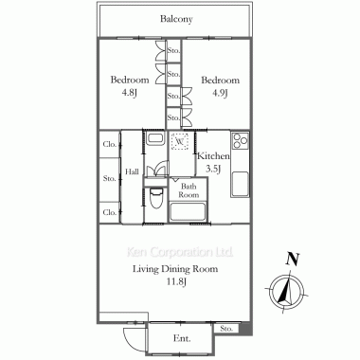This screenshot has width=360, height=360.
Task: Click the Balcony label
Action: click(x=176, y=19)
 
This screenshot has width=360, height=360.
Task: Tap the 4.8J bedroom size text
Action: click(x=130, y=94)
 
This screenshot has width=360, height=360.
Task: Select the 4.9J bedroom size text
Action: click(x=220, y=94)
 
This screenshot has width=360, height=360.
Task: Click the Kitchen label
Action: click(x=213, y=156)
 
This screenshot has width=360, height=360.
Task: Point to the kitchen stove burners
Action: click(x=241, y=141)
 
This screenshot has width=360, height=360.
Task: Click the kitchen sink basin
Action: click(x=241, y=184)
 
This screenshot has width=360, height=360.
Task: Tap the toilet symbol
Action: click(x=155, y=198)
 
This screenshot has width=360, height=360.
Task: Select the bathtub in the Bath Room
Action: click(x=188, y=211)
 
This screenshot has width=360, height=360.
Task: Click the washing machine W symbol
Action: click(x=180, y=141)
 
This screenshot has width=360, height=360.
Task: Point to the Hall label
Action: click(x=132, y=172)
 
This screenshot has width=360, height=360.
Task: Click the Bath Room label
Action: click(x=189, y=190)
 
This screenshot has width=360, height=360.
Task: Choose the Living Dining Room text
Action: click(x=175, y=269)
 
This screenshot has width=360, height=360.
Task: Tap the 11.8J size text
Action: click(x=177, y=281)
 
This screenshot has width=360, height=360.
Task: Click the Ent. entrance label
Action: click(x=182, y=339)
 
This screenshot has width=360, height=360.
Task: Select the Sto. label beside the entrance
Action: click(x=226, y=329)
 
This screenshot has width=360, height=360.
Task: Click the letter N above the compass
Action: click(x=293, y=260)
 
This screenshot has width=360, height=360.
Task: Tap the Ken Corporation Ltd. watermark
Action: click(x=180, y=252)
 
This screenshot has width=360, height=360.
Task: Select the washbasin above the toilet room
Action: click(x=155, y=138)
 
